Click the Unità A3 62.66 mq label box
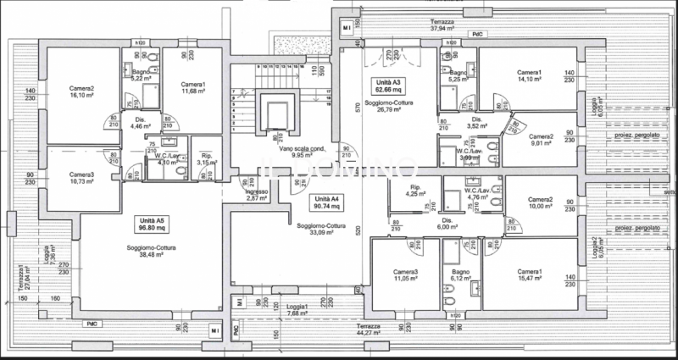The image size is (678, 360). point(390,85)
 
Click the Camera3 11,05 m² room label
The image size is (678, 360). point(406,275)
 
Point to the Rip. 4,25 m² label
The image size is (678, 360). point(415,190)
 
